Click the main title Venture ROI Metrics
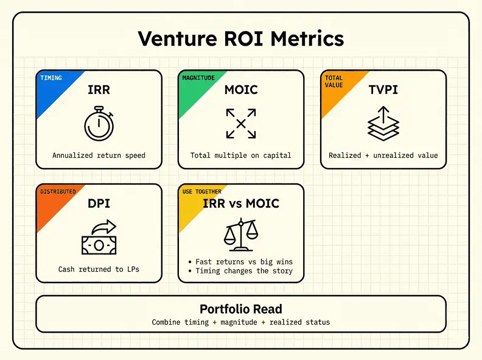[240, 38]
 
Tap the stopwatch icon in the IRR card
[99, 124]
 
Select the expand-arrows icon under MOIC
[241, 124]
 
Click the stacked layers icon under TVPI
[383, 123]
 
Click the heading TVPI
[383, 90]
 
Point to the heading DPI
[99, 203]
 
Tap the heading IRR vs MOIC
[241, 203]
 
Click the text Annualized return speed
[99, 155]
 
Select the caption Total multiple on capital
[241, 155]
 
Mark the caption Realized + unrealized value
[383, 155]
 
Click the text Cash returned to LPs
[99, 269]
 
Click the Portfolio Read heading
[241, 309]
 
